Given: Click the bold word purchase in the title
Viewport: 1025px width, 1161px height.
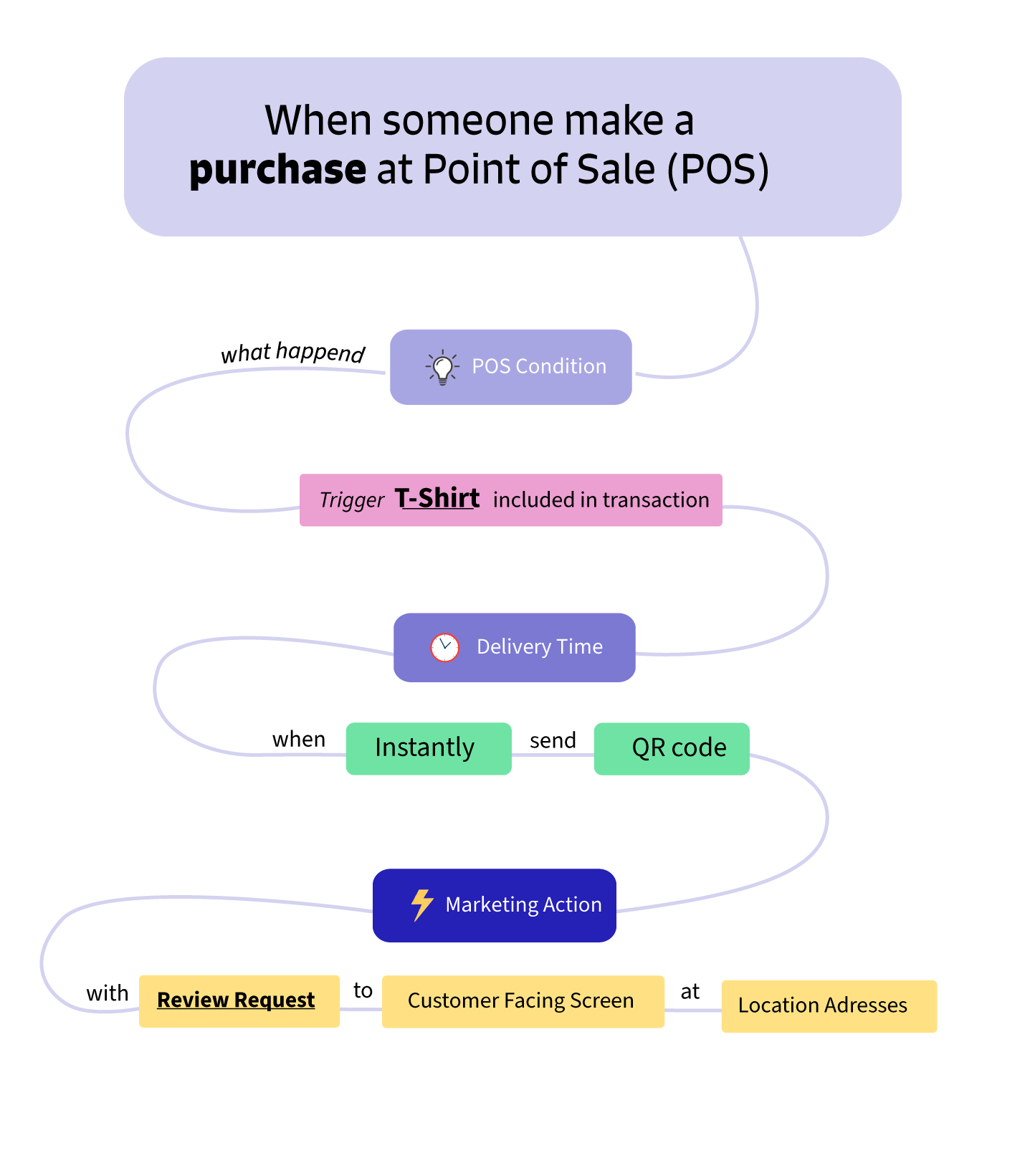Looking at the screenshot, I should (x=277, y=171).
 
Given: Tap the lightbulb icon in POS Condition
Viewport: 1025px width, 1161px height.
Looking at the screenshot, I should (x=442, y=368).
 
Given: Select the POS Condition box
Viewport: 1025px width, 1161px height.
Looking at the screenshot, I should (x=510, y=367).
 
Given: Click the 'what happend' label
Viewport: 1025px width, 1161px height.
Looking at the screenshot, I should (x=292, y=353).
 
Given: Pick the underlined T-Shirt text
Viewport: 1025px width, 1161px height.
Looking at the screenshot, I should (x=437, y=498).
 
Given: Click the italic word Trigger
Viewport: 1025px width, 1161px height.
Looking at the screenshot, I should (x=351, y=500).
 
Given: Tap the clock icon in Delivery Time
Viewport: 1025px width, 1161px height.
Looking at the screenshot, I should (x=444, y=647).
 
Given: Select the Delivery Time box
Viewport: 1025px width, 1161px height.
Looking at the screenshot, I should (x=514, y=647).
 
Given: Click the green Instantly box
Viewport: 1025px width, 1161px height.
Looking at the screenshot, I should (x=429, y=748).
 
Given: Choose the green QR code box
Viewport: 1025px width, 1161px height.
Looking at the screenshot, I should (x=672, y=748).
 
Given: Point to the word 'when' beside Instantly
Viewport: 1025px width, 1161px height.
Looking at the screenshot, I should (x=299, y=740).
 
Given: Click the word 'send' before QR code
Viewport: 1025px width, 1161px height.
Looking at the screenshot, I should (x=553, y=740).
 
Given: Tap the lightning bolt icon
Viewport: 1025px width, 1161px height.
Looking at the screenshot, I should (x=422, y=904).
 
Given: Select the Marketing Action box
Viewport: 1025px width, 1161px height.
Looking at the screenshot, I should (x=495, y=905).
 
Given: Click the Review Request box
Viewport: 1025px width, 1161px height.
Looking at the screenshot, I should (x=239, y=1000).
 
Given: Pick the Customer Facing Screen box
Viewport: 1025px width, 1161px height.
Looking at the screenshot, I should (x=523, y=1001).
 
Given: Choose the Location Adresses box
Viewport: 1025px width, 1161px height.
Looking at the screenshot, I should (x=829, y=1005).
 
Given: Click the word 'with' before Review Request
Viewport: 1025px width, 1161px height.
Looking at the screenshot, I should (x=108, y=993).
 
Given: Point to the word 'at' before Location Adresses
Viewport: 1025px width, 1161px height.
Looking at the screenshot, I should (x=690, y=992).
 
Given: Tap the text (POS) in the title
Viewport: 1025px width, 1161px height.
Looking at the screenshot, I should (x=718, y=171).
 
